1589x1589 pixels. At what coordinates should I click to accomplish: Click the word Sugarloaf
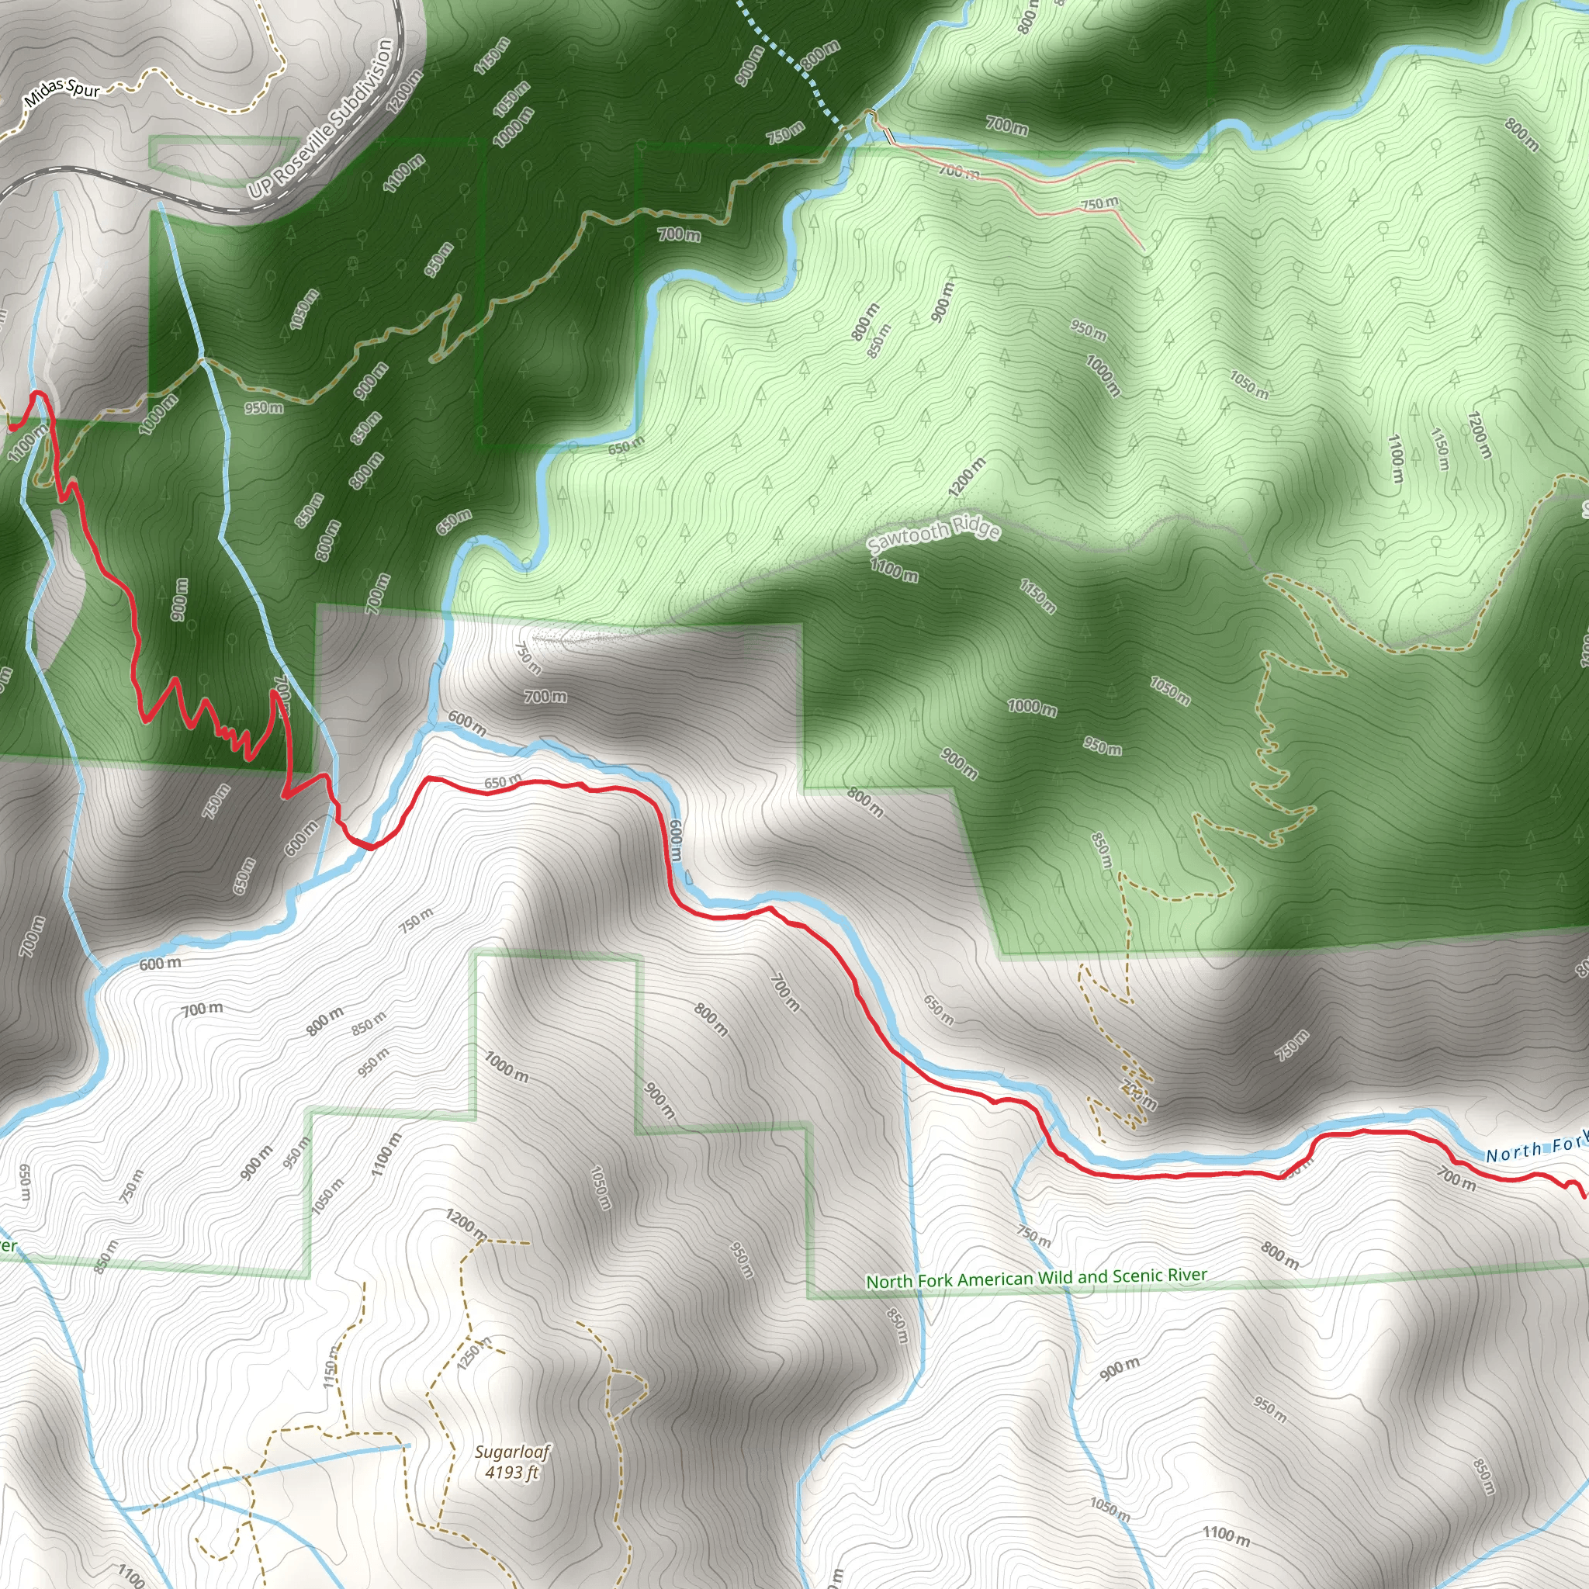point(512,1452)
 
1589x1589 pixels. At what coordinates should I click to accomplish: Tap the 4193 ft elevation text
point(511,1471)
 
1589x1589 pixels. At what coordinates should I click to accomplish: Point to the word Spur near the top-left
point(84,87)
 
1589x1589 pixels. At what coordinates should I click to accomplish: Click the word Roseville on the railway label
point(305,151)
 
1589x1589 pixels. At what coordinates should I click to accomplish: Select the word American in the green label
point(995,1279)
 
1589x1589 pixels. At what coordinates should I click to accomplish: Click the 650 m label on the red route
point(503,781)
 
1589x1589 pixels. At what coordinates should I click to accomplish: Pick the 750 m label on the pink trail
point(1099,203)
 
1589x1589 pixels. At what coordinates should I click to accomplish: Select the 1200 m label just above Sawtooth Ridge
point(967,478)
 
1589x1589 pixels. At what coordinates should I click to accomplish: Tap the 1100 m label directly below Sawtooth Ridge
point(893,569)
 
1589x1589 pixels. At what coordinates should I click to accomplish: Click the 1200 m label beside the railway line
point(403,91)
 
